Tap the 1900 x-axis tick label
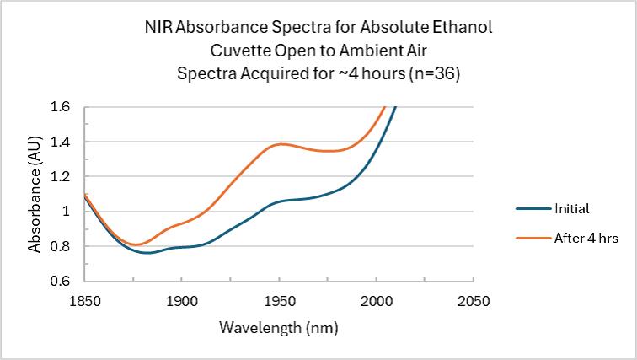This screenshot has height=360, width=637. pyautogui.click(x=181, y=299)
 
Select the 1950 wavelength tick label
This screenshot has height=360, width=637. pyautogui.click(x=278, y=299)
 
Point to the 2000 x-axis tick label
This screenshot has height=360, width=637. pyautogui.click(x=376, y=299)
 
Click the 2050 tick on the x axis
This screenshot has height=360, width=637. pyautogui.click(x=473, y=299)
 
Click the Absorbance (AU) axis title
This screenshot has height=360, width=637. pyautogui.click(x=35, y=195)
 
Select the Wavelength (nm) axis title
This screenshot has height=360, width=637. pyautogui.click(x=278, y=326)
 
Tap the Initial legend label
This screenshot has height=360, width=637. pyautogui.click(x=571, y=208)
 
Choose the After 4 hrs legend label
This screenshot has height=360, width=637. pyautogui.click(x=586, y=239)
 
